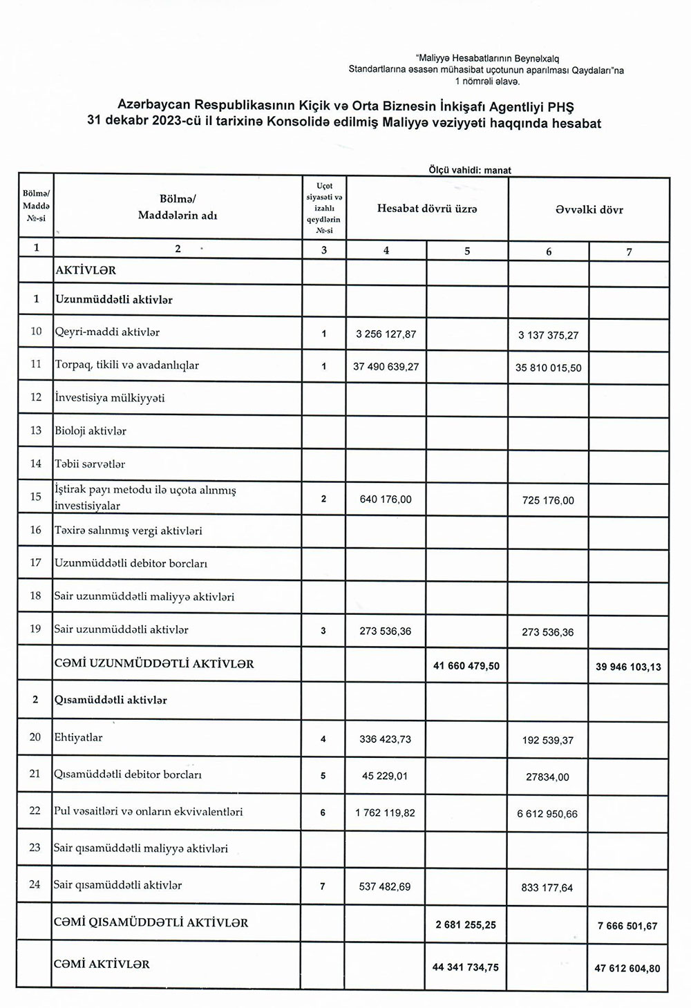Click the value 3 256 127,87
tap(386, 334)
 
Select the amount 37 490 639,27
tap(386, 367)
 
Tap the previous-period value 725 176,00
tap(548, 500)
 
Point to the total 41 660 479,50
tap(467, 666)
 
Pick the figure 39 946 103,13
tap(628, 667)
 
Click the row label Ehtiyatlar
tap(78, 737)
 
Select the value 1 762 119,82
tap(386, 813)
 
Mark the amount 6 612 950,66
tap(547, 814)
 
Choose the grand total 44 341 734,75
tap(466, 967)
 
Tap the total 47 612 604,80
tap(627, 968)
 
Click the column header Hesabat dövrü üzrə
tap(427, 209)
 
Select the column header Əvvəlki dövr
tap(589, 209)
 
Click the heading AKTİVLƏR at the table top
tap(86, 271)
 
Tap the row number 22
tap(35, 810)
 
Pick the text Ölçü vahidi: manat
tap(470, 170)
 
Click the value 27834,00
tap(547, 777)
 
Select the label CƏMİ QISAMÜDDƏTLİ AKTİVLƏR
tap(151, 923)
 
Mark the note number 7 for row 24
tap(323, 886)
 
